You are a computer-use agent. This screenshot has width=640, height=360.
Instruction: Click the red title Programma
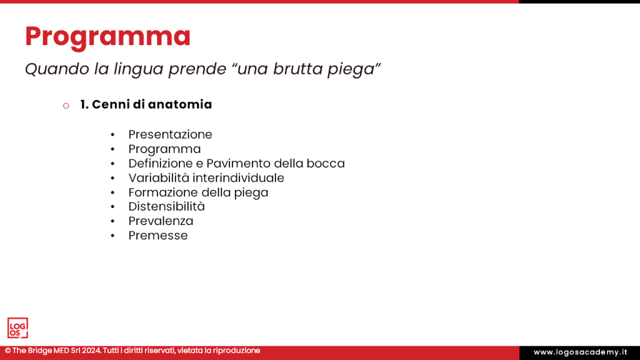pyautogui.click(x=107, y=36)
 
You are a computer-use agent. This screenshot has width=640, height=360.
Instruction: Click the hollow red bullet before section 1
pyautogui.click(x=66, y=106)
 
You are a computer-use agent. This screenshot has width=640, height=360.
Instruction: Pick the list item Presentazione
pyautogui.click(x=170, y=134)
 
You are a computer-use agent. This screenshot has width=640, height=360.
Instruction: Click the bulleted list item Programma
pyautogui.click(x=164, y=149)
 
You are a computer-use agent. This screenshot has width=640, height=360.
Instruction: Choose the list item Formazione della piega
pyautogui.click(x=198, y=192)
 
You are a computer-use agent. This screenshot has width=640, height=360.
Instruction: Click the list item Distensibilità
pyautogui.click(x=166, y=206)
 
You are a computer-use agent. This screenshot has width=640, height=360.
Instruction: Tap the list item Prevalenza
pyautogui.click(x=161, y=221)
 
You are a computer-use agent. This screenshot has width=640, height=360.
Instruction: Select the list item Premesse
pyautogui.click(x=157, y=235)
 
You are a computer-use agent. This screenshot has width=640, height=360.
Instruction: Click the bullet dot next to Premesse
pyautogui.click(x=112, y=236)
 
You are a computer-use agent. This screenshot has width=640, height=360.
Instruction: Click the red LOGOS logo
pyautogui.click(x=17, y=327)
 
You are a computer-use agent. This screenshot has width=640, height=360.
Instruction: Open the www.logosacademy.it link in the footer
pyautogui.click(x=579, y=352)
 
